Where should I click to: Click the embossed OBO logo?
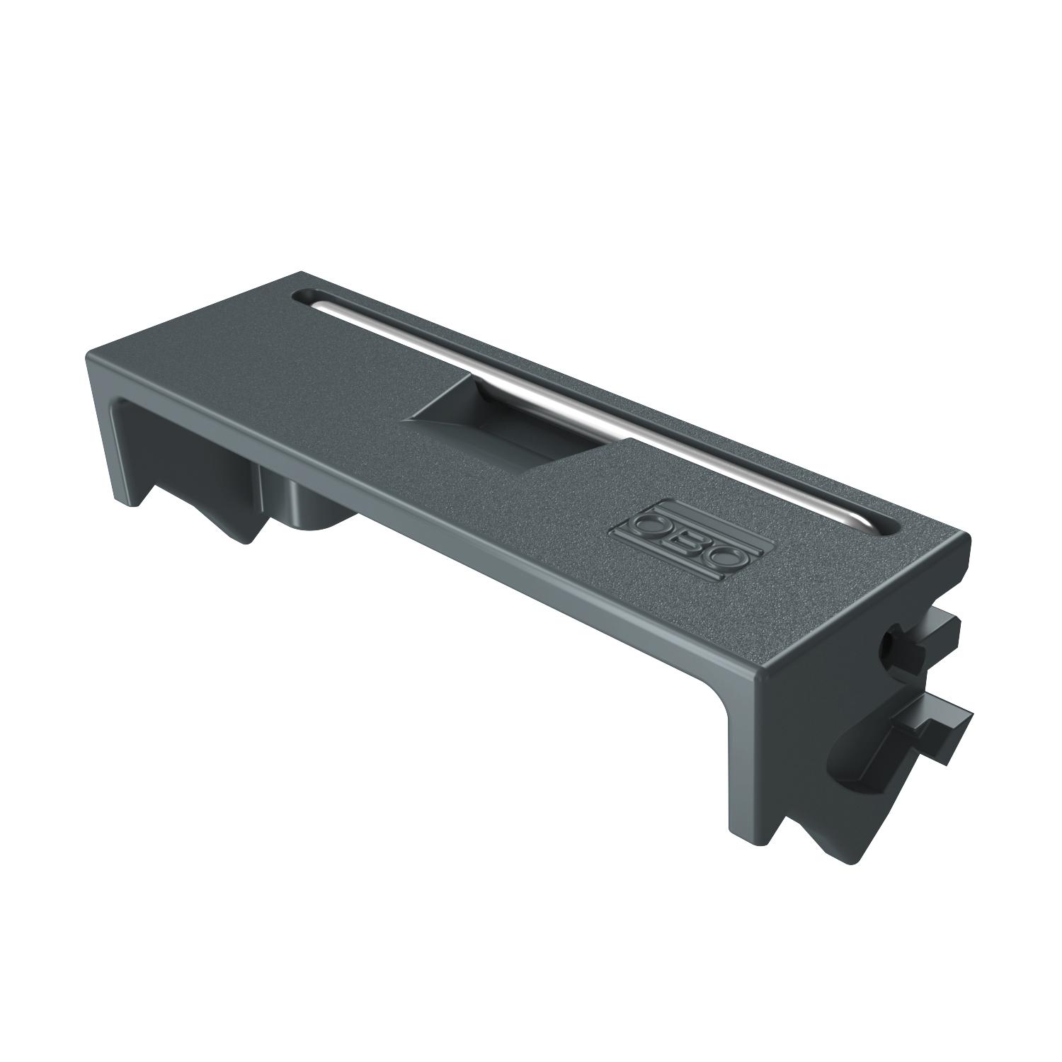pyautogui.click(x=683, y=539)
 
